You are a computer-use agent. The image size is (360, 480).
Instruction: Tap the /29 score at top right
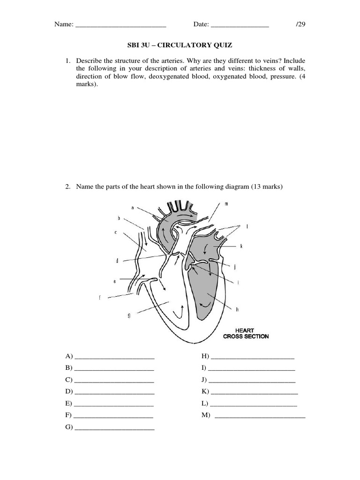(x=300, y=24)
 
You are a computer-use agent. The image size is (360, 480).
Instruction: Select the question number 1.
(x=67, y=61)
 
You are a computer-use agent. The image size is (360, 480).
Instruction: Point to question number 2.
(x=67, y=187)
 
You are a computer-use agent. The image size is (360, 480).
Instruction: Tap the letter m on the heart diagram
(x=226, y=204)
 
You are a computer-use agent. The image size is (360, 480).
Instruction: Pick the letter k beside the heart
(x=241, y=246)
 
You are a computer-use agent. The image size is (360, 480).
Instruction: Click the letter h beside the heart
(x=238, y=309)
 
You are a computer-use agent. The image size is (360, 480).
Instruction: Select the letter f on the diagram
(x=100, y=297)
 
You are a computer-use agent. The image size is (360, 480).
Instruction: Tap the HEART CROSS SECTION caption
(x=246, y=333)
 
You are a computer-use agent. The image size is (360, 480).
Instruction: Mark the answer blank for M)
(x=260, y=417)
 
